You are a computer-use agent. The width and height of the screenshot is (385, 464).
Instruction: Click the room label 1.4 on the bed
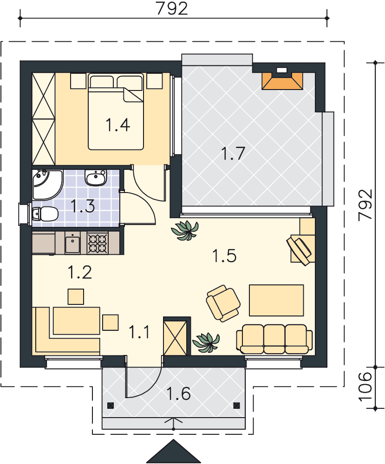click(x=118, y=124)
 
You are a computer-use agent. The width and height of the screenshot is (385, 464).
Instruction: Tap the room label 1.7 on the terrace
click(x=233, y=153)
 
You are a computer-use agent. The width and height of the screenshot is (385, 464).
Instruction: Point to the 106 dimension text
click(x=365, y=387)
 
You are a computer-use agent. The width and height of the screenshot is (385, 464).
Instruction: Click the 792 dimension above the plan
click(x=172, y=8)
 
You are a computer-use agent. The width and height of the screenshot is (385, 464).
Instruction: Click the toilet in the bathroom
click(x=45, y=213)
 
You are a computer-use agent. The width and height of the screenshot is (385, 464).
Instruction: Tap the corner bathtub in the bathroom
click(x=47, y=185)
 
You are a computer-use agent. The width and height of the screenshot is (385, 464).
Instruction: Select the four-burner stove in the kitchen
click(x=98, y=243)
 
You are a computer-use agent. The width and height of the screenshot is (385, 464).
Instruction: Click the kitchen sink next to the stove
click(x=72, y=243)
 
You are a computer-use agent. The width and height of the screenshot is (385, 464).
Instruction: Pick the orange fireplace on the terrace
click(x=282, y=80)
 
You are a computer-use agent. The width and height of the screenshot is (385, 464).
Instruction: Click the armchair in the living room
click(x=223, y=303)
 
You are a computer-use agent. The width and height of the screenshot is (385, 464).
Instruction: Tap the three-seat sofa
click(x=274, y=339)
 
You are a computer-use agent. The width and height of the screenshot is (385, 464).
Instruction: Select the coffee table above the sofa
click(x=276, y=300)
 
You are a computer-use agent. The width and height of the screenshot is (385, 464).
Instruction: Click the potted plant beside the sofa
click(x=206, y=342)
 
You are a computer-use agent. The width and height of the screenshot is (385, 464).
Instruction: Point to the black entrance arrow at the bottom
click(x=174, y=451)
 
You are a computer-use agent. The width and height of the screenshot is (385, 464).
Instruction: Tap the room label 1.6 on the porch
click(x=178, y=393)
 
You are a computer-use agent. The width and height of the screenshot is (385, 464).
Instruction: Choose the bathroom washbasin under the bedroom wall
click(x=95, y=177)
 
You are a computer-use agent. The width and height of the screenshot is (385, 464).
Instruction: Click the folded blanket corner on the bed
click(x=133, y=95)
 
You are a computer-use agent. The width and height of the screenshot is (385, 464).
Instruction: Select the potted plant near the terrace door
click(x=185, y=231)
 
